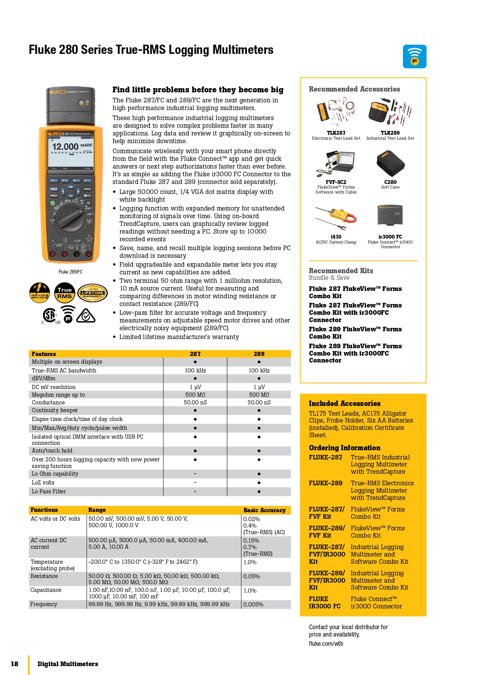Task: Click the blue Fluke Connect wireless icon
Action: (414, 57)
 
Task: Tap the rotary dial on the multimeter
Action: (71, 217)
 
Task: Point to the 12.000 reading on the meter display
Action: (65, 147)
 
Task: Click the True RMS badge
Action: (64, 293)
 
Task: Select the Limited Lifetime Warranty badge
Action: (93, 293)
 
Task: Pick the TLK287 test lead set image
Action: (336, 113)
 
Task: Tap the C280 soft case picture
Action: (390, 164)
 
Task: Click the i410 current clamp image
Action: (336, 217)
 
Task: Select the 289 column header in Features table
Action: (259, 354)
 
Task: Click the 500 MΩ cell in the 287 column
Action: (195, 395)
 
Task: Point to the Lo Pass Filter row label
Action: (49, 491)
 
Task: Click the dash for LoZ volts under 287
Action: (195, 483)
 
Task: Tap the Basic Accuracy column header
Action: (264, 510)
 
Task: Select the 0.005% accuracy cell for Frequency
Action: (253, 605)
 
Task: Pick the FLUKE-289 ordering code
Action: (326, 483)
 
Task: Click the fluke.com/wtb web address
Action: (326, 643)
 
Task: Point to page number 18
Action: (15, 664)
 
